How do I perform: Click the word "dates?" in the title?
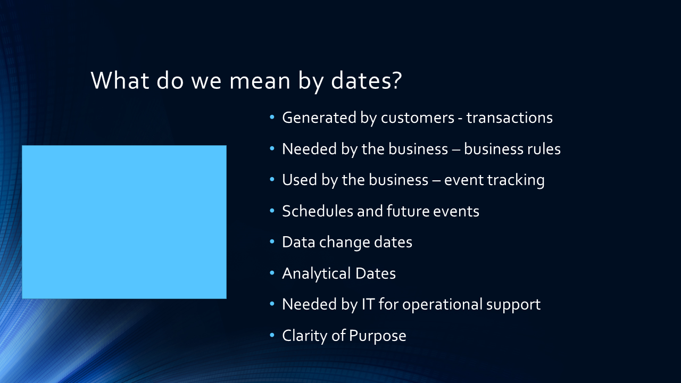(367, 80)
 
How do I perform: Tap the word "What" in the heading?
(120, 80)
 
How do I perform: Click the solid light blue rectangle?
(124, 222)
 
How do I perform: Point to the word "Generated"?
(319, 118)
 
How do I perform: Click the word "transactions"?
(510, 118)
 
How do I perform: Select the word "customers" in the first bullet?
(418, 118)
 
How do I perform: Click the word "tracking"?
(516, 180)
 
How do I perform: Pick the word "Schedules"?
(318, 211)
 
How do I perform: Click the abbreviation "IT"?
(368, 304)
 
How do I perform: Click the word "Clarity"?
(305, 336)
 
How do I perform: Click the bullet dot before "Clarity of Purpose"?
(272, 335)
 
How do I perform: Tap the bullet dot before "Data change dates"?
(272, 242)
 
